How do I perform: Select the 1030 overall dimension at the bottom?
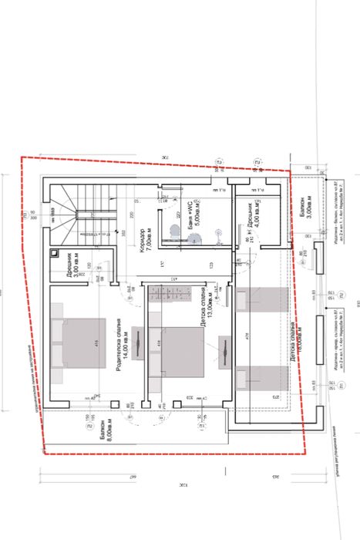[x=182, y=488]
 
